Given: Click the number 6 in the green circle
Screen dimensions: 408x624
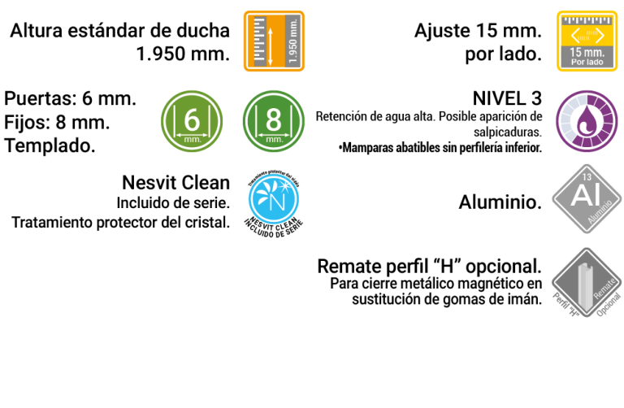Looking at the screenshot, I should pos(192,119).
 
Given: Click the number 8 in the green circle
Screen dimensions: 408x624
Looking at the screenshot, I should pos(274,119).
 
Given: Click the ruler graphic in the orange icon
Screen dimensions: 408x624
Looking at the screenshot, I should pos(259,41).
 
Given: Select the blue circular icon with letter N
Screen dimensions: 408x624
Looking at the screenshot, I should pos(274,199).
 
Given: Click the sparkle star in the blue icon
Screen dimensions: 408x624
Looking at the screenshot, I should pos(285,184).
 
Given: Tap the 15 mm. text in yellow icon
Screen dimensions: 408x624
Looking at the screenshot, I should pos(587,51).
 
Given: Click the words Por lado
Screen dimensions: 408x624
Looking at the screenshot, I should pos(587,62).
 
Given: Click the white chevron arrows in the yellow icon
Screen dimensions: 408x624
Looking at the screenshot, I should pos(587,35).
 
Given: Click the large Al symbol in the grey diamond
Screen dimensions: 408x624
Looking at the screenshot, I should pos(585,196).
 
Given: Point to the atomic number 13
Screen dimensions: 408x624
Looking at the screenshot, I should pos(587,176).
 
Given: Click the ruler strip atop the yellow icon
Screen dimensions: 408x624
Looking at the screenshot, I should pos(587,18).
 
